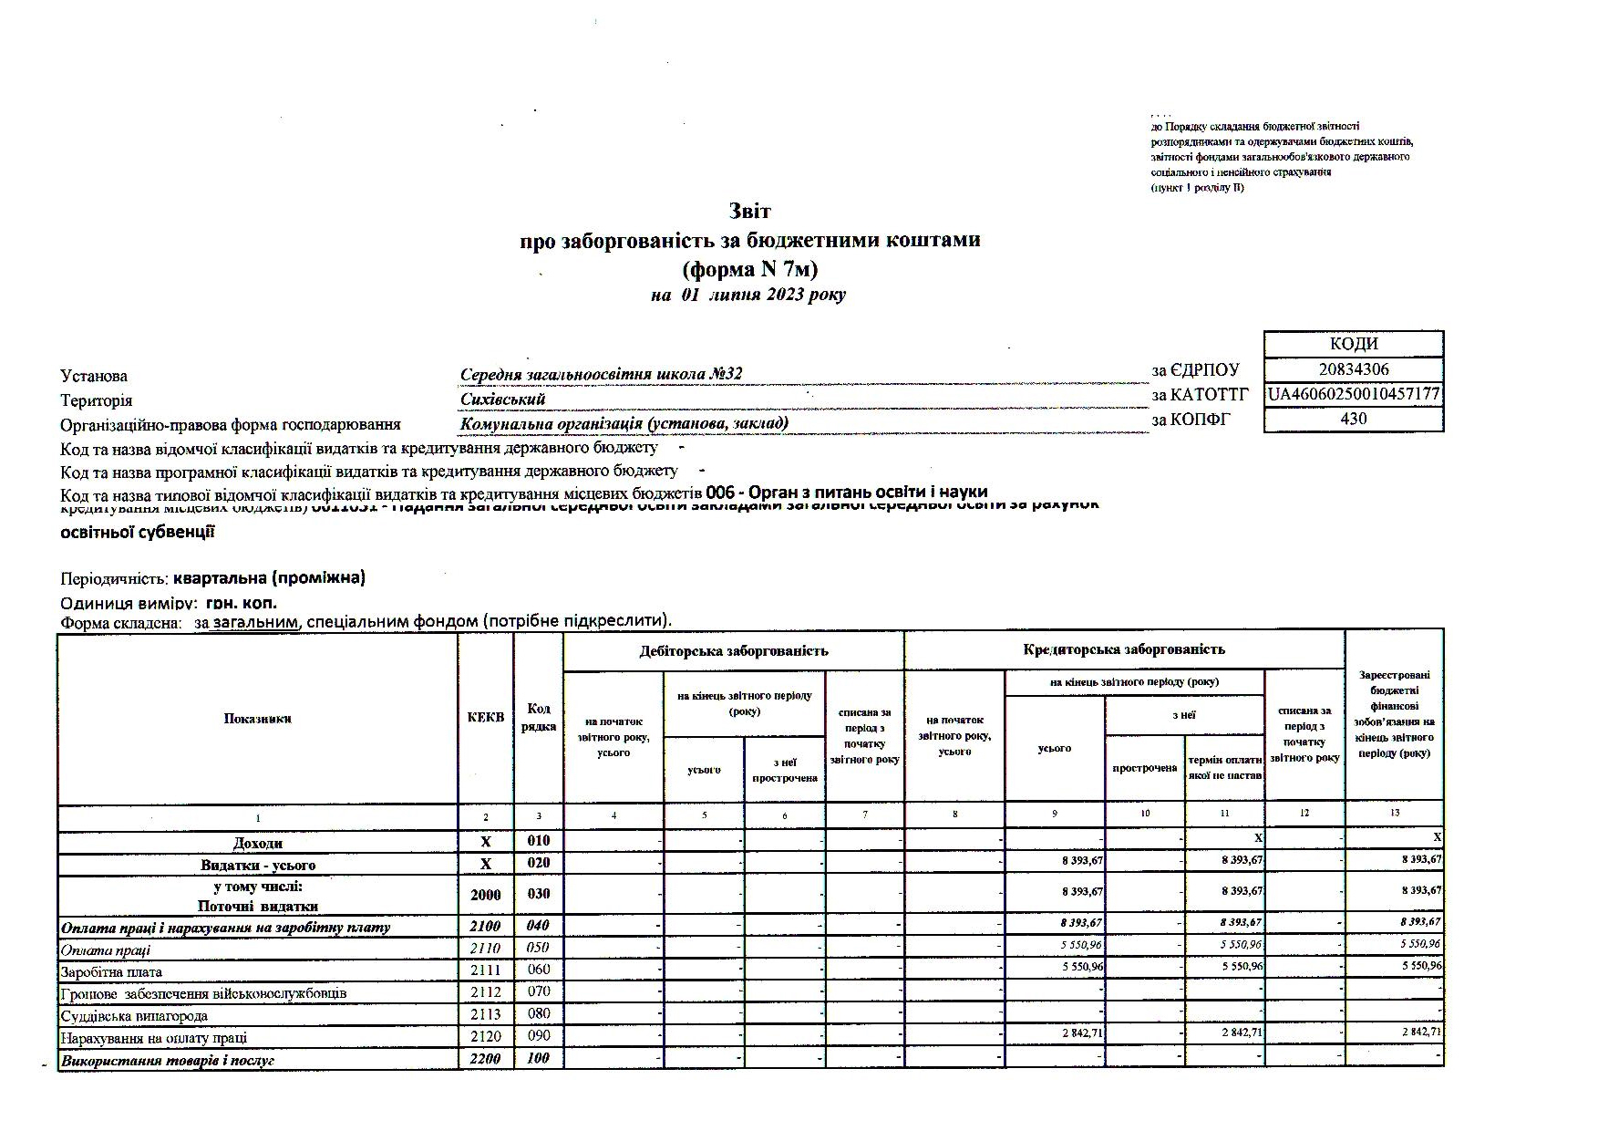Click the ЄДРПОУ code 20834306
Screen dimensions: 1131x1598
(x=1353, y=369)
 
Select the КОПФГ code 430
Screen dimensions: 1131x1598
(x=1353, y=419)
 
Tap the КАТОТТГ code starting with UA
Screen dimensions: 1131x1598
(x=1354, y=394)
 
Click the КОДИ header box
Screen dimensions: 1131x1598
(x=1354, y=344)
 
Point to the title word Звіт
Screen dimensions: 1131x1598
(x=749, y=212)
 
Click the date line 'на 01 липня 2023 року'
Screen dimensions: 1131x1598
(x=748, y=295)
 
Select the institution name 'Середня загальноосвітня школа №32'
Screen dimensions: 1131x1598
(x=602, y=374)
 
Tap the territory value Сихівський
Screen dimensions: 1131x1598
(x=503, y=399)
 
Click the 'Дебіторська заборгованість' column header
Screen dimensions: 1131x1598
(x=734, y=650)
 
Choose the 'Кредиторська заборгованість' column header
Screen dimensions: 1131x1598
(x=1124, y=649)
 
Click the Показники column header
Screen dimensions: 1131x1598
(x=257, y=719)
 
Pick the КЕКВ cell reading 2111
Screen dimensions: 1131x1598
(x=485, y=970)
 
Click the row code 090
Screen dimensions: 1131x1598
(x=538, y=1036)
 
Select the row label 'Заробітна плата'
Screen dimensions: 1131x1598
(x=111, y=972)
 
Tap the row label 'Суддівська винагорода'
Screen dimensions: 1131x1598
(x=134, y=1016)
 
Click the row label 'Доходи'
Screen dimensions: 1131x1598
(x=258, y=844)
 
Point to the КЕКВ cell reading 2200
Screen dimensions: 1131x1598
(x=485, y=1059)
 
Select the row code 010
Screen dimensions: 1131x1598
(x=538, y=840)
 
